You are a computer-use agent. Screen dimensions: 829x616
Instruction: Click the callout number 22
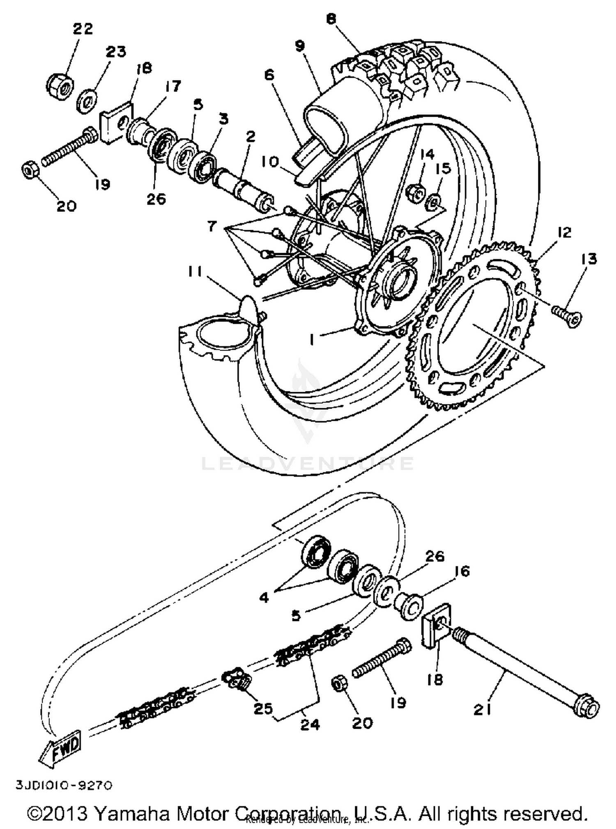click(83, 29)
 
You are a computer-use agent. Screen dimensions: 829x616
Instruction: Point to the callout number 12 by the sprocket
click(564, 233)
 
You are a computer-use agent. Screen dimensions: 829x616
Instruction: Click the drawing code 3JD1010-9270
click(64, 785)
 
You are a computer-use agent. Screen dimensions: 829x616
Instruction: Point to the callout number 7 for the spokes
click(211, 226)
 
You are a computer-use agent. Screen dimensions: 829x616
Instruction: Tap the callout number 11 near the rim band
click(195, 272)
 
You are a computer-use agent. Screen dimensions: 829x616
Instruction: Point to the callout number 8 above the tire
click(331, 19)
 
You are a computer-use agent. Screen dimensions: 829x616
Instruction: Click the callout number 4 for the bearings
click(264, 597)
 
